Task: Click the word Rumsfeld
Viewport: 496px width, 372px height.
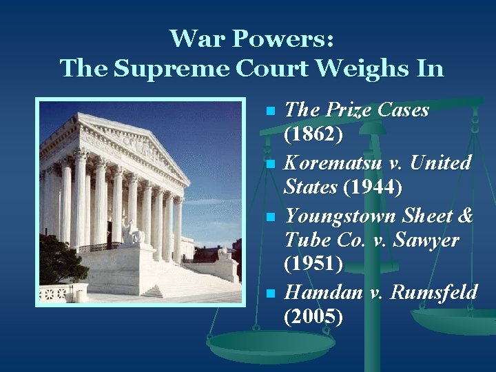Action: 434,293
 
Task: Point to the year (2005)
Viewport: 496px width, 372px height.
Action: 314,317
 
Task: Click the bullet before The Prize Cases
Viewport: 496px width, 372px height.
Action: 271,111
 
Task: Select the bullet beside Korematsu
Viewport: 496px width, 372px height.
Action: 271,164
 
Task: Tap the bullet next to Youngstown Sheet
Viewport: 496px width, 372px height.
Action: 271,217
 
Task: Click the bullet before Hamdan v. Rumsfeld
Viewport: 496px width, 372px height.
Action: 271,293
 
